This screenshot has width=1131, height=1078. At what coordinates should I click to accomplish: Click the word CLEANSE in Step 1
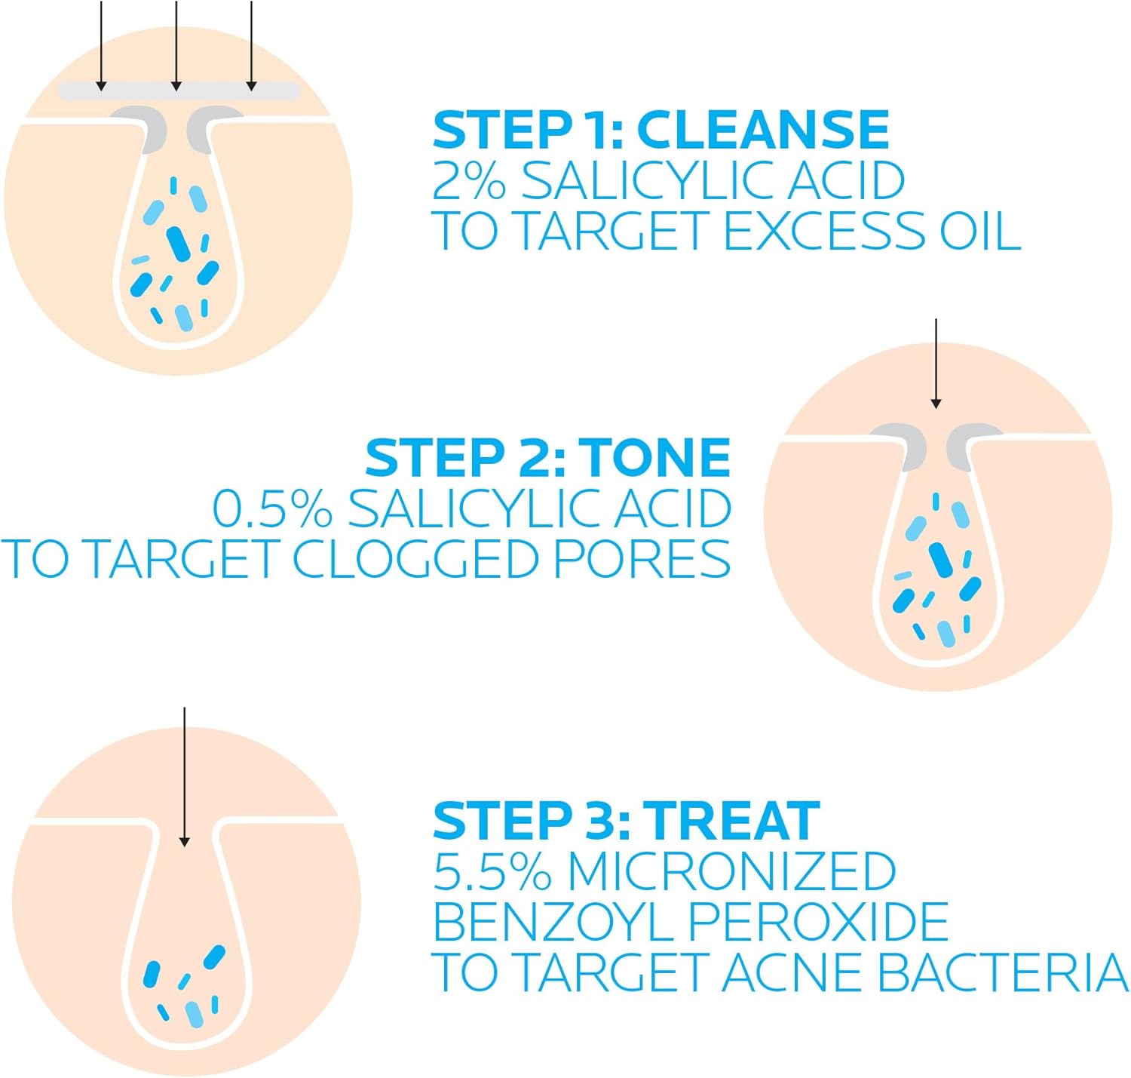click(763, 130)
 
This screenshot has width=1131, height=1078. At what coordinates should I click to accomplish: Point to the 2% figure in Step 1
click(467, 180)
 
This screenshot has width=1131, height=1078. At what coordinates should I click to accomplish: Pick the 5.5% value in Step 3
click(492, 871)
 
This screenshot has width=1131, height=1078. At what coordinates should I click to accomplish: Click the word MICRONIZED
click(731, 871)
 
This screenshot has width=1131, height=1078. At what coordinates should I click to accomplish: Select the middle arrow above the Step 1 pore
click(176, 45)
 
